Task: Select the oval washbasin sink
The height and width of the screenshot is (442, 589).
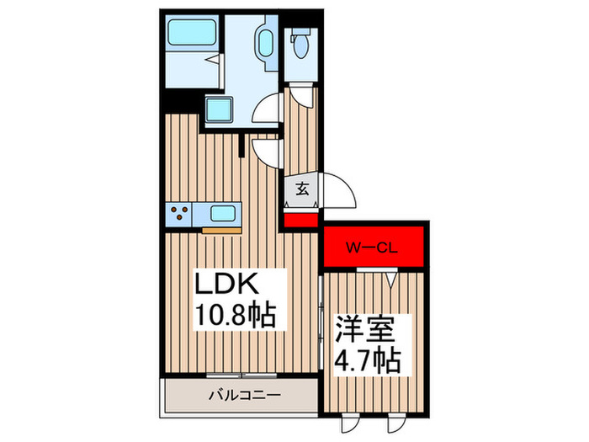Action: pyautogui.click(x=263, y=42)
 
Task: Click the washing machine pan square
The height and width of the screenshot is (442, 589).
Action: pyautogui.click(x=221, y=110)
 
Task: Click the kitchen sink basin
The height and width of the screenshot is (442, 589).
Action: pyautogui.click(x=223, y=213)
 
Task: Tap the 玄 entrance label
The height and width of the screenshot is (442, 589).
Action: pyautogui.click(x=301, y=189)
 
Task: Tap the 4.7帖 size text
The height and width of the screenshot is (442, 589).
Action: pyautogui.click(x=369, y=363)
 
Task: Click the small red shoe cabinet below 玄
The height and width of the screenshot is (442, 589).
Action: pyautogui.click(x=300, y=220)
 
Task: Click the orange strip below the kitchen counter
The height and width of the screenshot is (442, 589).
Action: pyautogui.click(x=220, y=229)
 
